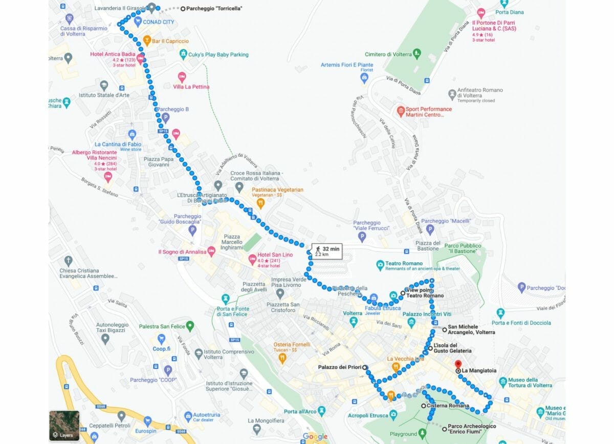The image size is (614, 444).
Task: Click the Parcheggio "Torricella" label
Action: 214,9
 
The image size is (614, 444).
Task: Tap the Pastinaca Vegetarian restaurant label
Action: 277,189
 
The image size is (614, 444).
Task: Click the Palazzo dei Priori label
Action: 339,367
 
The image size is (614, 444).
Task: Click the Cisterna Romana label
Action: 448,406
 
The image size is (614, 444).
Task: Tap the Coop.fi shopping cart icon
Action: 162,339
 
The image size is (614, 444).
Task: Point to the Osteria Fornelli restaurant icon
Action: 282,358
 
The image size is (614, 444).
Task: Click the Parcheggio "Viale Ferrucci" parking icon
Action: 362,237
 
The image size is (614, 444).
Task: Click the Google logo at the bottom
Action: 315,436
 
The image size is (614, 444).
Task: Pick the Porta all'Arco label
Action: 300,412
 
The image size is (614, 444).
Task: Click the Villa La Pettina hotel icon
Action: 182,77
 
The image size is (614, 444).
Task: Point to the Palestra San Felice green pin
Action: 190,325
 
